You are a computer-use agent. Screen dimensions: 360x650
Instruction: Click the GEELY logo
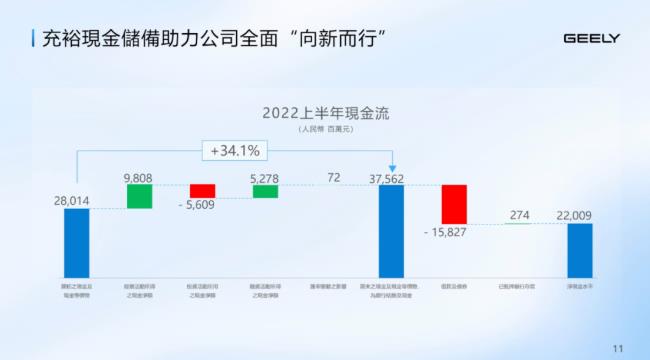point(592,39)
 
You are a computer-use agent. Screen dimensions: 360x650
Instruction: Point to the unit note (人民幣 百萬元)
point(326,129)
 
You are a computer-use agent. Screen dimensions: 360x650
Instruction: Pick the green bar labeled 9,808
point(139,196)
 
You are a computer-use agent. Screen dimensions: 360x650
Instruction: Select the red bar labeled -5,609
point(203,191)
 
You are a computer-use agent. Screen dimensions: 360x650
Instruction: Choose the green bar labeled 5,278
point(265,191)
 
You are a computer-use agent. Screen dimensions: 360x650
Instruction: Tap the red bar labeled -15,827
point(455,204)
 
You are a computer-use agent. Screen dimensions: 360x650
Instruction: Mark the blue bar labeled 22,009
point(580,250)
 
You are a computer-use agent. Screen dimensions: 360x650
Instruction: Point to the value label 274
point(519,215)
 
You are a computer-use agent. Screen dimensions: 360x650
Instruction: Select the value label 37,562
point(392,178)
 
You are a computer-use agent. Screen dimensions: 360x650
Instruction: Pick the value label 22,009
point(579,215)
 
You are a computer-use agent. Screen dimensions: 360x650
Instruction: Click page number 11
point(616,347)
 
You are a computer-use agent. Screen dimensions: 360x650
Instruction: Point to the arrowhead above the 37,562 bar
point(392,167)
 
